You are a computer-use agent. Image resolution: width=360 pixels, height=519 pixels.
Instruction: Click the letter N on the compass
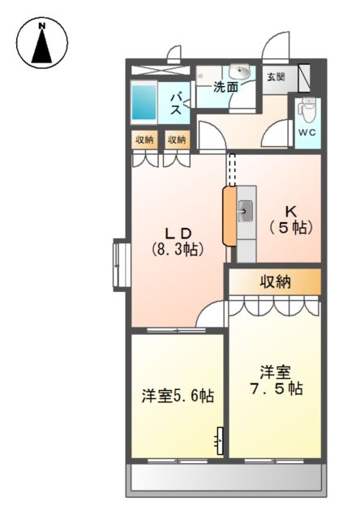pos(41,25)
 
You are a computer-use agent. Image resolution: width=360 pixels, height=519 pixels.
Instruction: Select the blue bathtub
pos(144,102)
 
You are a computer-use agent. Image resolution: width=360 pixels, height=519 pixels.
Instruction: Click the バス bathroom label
pos(176,105)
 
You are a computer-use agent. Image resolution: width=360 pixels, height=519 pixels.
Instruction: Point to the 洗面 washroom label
pos(225,87)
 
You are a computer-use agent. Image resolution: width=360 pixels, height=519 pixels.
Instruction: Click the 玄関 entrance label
pos(276,78)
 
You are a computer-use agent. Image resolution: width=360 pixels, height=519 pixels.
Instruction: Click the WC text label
pos(307,132)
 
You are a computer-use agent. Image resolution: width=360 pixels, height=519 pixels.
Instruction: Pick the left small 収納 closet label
pos(144,140)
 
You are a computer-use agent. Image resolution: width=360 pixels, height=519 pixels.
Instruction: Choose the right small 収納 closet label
pos(177,140)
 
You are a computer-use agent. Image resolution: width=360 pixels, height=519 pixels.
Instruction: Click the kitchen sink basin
pos(245,211)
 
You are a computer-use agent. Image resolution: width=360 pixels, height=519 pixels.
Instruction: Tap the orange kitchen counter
pos(229,217)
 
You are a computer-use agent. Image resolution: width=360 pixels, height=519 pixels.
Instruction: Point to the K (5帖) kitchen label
pos(291,220)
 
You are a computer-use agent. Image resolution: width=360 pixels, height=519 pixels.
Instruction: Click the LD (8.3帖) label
pos(178,242)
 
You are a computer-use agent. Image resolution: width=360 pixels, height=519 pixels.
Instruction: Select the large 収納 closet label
pos(275,282)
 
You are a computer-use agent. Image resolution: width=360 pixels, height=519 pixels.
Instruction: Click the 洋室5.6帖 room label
pos(178,396)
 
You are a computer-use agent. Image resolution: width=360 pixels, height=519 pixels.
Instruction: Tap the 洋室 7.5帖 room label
pos(276,380)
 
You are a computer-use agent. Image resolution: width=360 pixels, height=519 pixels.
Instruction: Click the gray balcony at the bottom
pos(226,478)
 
